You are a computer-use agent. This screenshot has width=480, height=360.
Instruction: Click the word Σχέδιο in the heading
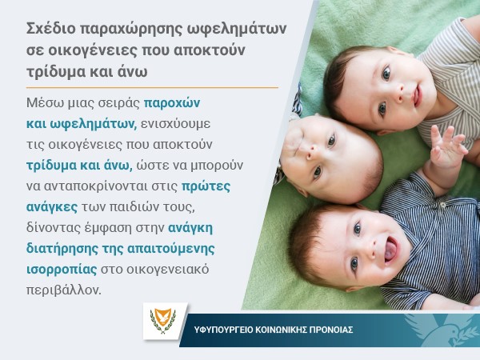point(50,29)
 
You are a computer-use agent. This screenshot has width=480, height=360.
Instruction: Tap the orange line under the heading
point(152,87)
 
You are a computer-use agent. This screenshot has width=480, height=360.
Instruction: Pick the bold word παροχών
point(172,104)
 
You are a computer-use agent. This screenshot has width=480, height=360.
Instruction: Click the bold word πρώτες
point(206,186)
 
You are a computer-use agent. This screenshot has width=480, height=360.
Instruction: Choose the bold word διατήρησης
point(62,249)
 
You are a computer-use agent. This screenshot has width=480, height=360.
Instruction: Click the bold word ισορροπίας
point(62,270)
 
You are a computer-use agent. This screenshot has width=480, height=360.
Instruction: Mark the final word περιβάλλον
point(64,290)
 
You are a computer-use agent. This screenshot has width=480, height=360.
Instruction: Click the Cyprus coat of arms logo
point(163,321)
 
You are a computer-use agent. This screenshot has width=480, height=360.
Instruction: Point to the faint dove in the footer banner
point(441,330)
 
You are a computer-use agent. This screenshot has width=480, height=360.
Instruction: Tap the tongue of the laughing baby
point(390,252)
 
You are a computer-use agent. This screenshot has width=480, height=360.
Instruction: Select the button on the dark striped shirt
point(442,205)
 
